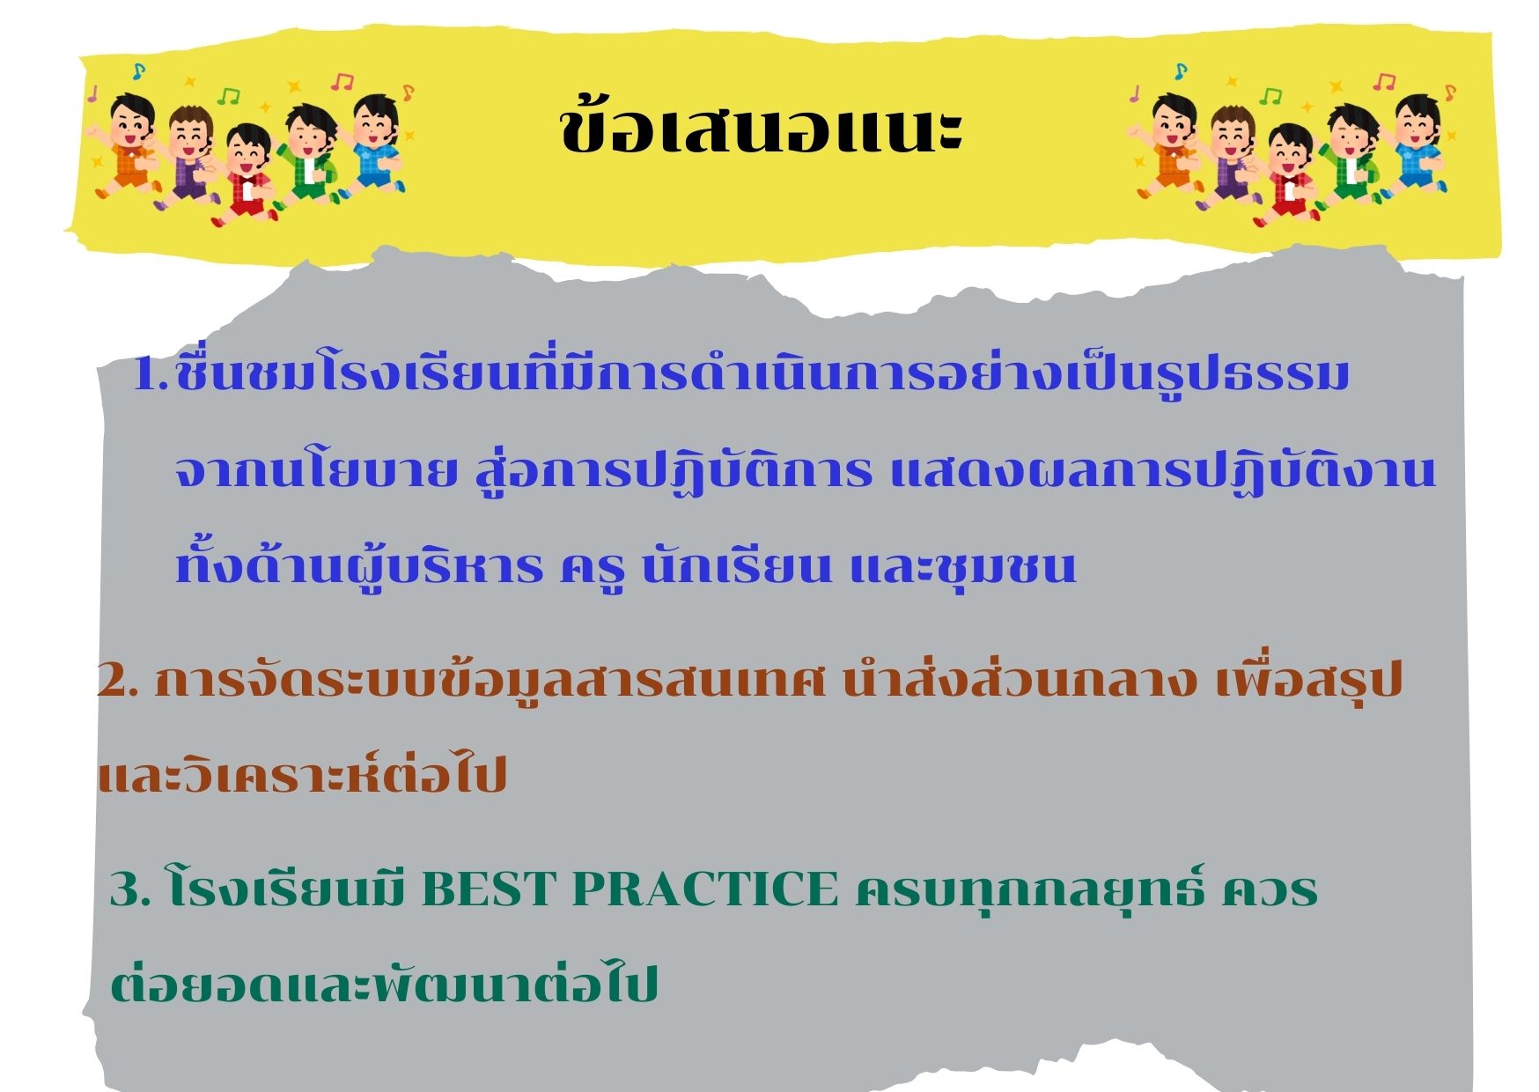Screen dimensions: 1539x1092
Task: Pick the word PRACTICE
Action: click(x=706, y=890)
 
